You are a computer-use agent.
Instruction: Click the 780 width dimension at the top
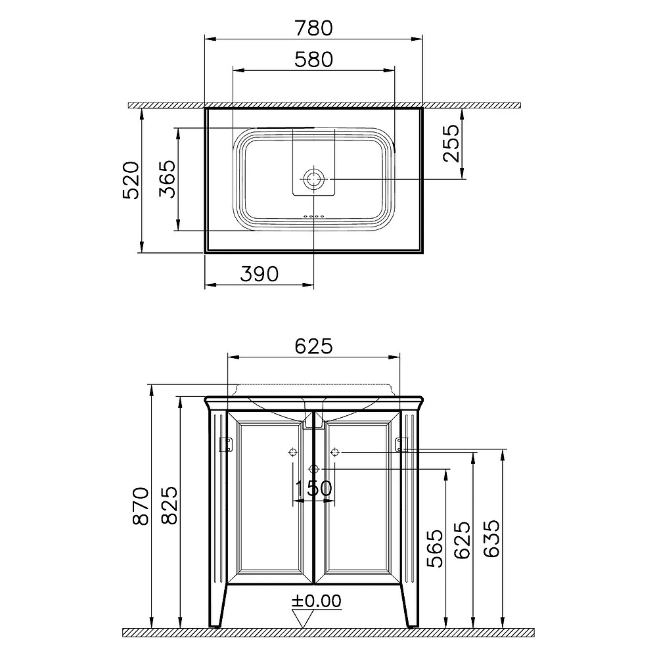tap(313, 28)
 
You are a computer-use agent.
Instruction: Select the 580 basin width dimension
tap(313, 59)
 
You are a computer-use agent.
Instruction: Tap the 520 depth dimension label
tap(130, 180)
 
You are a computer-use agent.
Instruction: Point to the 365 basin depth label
tap(168, 179)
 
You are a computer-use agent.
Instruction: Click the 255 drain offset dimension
tap(451, 143)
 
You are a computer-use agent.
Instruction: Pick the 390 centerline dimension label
tap(260, 274)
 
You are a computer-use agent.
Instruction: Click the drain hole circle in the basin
tap(313, 179)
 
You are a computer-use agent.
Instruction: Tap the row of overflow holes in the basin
tap(313, 217)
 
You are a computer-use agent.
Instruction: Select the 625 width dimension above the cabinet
tap(313, 346)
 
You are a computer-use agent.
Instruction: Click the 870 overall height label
tap(141, 506)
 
